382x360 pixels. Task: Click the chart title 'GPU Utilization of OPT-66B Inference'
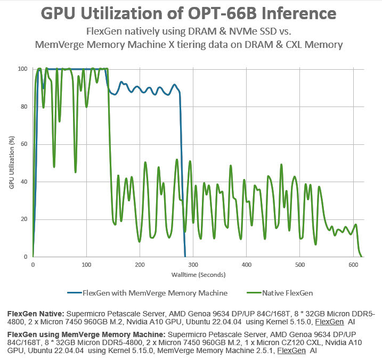click(x=191, y=13)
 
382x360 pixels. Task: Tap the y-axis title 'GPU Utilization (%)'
click(x=11, y=162)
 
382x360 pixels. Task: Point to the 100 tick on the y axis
click(x=23, y=69)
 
